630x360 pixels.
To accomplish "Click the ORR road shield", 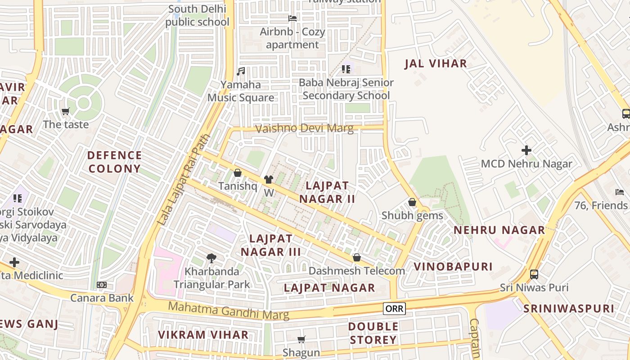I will (x=394, y=309).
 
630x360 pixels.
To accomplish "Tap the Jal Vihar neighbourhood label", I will (x=436, y=63).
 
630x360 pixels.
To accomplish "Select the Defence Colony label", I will (x=115, y=162).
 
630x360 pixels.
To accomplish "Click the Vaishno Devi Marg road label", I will (x=304, y=129).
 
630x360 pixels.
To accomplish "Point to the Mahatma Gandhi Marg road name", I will (x=228, y=311).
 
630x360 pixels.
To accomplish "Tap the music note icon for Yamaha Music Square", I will (x=241, y=71).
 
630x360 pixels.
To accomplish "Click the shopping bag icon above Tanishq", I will (x=238, y=173).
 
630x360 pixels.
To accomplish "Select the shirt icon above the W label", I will (x=269, y=180).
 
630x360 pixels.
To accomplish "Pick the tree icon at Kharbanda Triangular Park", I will (x=211, y=258).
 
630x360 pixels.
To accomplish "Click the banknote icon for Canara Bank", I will (x=102, y=285).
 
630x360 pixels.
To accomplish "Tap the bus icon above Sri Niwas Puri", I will (x=534, y=274).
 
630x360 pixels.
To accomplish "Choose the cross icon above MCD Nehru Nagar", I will (x=526, y=150).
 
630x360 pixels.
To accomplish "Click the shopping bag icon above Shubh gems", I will (x=412, y=202).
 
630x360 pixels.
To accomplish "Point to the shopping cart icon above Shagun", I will (x=301, y=339).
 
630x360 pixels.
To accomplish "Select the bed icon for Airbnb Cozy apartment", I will (x=292, y=18).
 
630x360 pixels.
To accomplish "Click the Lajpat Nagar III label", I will (x=270, y=245).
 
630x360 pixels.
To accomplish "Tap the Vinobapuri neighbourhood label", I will (x=453, y=266).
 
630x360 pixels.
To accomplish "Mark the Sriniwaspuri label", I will (x=568, y=309).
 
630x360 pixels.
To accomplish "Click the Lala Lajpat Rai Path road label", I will (x=184, y=180).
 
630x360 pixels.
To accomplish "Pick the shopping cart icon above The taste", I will (x=66, y=111).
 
